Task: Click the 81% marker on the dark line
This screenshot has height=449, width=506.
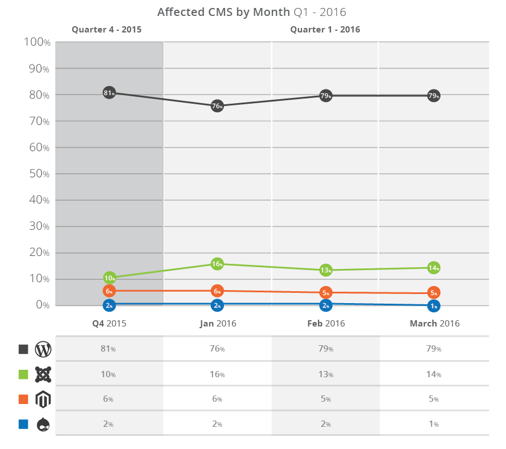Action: tap(109, 93)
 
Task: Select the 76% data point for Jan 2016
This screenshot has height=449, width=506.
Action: tap(217, 106)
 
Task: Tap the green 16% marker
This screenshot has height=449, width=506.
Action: tap(217, 264)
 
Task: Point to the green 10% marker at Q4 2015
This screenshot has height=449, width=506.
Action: tap(110, 278)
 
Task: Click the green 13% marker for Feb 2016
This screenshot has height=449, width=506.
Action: tap(325, 270)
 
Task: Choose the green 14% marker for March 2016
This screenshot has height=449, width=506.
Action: tap(434, 268)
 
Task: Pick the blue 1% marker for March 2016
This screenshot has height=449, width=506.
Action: tap(434, 306)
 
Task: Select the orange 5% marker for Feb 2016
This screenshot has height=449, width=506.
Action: tap(325, 293)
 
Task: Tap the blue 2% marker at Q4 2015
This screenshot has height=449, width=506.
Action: tap(109, 305)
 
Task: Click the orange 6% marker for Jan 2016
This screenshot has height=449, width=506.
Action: tap(217, 291)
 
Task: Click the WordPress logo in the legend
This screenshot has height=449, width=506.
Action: tap(43, 349)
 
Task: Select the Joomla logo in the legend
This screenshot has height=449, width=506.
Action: tap(43, 374)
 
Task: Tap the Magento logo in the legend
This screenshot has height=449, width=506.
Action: tap(43, 399)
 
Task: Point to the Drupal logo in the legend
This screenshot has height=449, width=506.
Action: tap(43, 424)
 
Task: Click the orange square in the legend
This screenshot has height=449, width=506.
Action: tap(23, 399)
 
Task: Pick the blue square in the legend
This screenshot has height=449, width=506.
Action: tap(23, 424)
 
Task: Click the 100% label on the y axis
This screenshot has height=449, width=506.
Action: tap(38, 43)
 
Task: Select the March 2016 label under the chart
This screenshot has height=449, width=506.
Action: tap(435, 324)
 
